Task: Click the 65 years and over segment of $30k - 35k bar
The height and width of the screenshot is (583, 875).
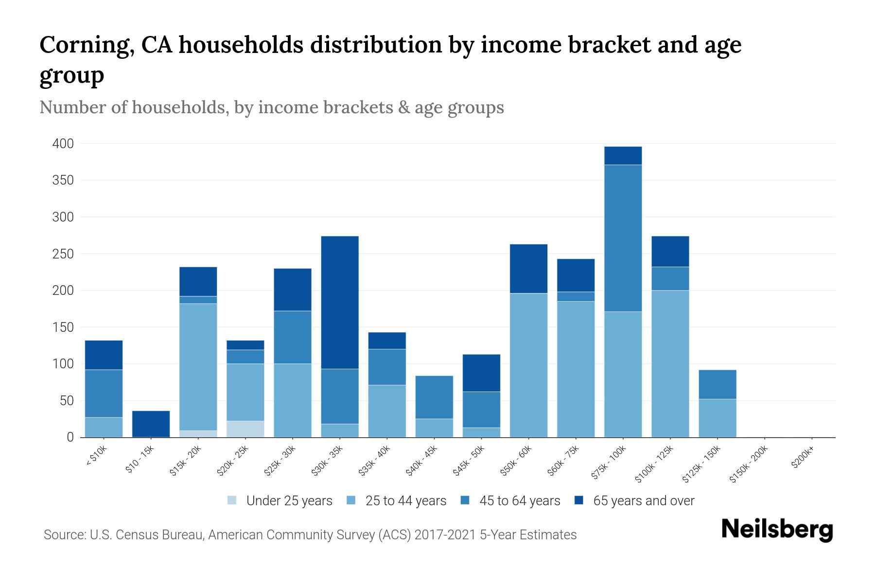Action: (x=340, y=302)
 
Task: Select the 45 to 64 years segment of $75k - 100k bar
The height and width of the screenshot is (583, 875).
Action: (x=623, y=238)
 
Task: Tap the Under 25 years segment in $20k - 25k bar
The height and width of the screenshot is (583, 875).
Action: (x=245, y=429)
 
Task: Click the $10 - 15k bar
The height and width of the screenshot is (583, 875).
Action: (x=151, y=424)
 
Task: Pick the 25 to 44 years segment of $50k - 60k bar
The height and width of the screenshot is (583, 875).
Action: (x=528, y=365)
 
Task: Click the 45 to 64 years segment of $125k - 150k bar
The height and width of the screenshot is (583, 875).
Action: (x=717, y=384)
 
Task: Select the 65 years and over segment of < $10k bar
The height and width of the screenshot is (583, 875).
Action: (x=104, y=355)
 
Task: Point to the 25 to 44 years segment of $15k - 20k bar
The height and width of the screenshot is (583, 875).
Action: (x=198, y=367)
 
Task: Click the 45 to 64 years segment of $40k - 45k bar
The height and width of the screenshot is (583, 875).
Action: (x=434, y=397)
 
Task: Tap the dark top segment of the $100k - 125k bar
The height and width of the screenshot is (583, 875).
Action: (x=670, y=251)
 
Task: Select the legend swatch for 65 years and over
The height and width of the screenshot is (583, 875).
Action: (x=579, y=500)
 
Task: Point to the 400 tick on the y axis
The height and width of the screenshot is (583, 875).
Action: (x=63, y=144)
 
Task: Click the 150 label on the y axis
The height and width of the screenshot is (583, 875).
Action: (x=63, y=327)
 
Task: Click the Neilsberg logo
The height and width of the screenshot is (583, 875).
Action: (x=777, y=530)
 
